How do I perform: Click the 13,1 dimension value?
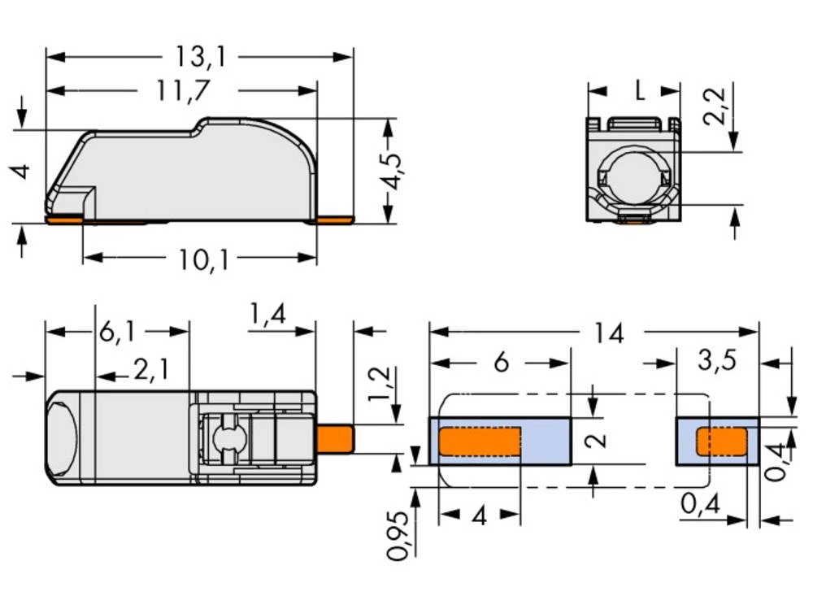(199, 57)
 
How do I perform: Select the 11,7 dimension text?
(182, 90)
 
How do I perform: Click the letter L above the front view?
(640, 90)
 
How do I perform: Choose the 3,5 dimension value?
(715, 362)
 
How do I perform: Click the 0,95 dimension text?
(398, 537)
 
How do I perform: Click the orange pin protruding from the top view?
(335, 440)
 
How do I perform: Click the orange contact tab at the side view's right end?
(335, 220)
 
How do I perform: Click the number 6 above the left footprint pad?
(501, 362)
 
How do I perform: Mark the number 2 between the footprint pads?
(597, 440)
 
